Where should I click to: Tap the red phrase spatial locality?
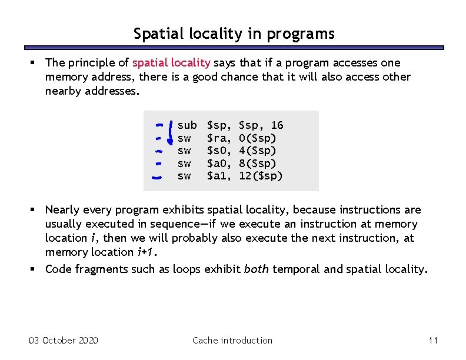tap(171, 63)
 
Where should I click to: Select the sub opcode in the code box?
tap(187, 125)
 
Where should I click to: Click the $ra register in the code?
tap(219, 138)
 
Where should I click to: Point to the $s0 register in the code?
tap(219, 151)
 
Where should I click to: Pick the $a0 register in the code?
tap(219, 164)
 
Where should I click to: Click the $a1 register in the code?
tap(219, 176)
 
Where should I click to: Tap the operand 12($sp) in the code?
tap(261, 176)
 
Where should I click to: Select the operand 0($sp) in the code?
tap(258, 138)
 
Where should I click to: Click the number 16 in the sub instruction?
tap(277, 125)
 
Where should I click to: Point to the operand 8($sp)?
tap(258, 164)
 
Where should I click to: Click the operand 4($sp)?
tap(258, 151)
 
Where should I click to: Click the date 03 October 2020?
tap(64, 341)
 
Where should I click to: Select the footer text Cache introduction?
tap(232, 341)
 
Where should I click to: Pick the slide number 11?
tap(434, 341)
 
